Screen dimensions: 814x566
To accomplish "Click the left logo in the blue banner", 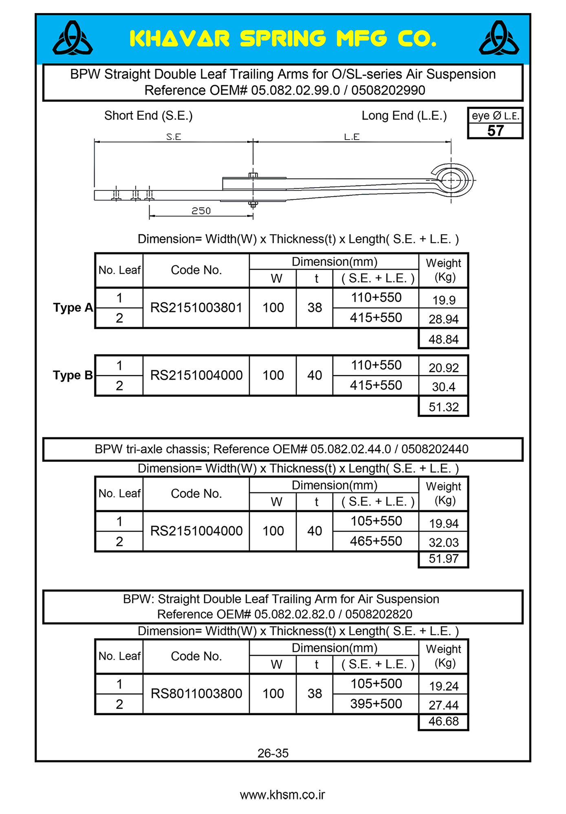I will pos(73,38).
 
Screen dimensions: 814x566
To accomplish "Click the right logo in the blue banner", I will pos(499,38).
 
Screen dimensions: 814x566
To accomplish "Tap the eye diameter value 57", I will pos(495,131).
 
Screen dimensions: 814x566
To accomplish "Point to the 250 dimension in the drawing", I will pos(201,211).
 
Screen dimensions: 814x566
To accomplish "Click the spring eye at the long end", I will pos(451,180).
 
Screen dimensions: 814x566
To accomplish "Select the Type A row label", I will pos(73,308).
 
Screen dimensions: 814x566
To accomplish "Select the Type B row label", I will pos(73,375).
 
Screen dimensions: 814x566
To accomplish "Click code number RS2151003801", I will pos(196,308).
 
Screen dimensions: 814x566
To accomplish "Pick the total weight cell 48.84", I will pos(443,339).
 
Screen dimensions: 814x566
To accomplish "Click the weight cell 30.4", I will pos(443,387).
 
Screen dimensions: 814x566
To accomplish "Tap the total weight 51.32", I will pos(443,407).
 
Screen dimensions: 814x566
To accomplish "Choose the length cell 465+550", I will pos(376,541).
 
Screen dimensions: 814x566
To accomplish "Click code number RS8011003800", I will pos(196,694).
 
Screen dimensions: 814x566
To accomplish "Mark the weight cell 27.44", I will pos(443,705).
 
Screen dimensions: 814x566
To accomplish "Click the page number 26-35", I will pos(273,753).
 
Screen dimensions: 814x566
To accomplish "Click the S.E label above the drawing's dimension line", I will pos(174,137).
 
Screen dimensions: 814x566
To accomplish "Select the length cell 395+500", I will pos(376,704).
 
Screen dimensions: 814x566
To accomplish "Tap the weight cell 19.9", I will pos(443,300).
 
